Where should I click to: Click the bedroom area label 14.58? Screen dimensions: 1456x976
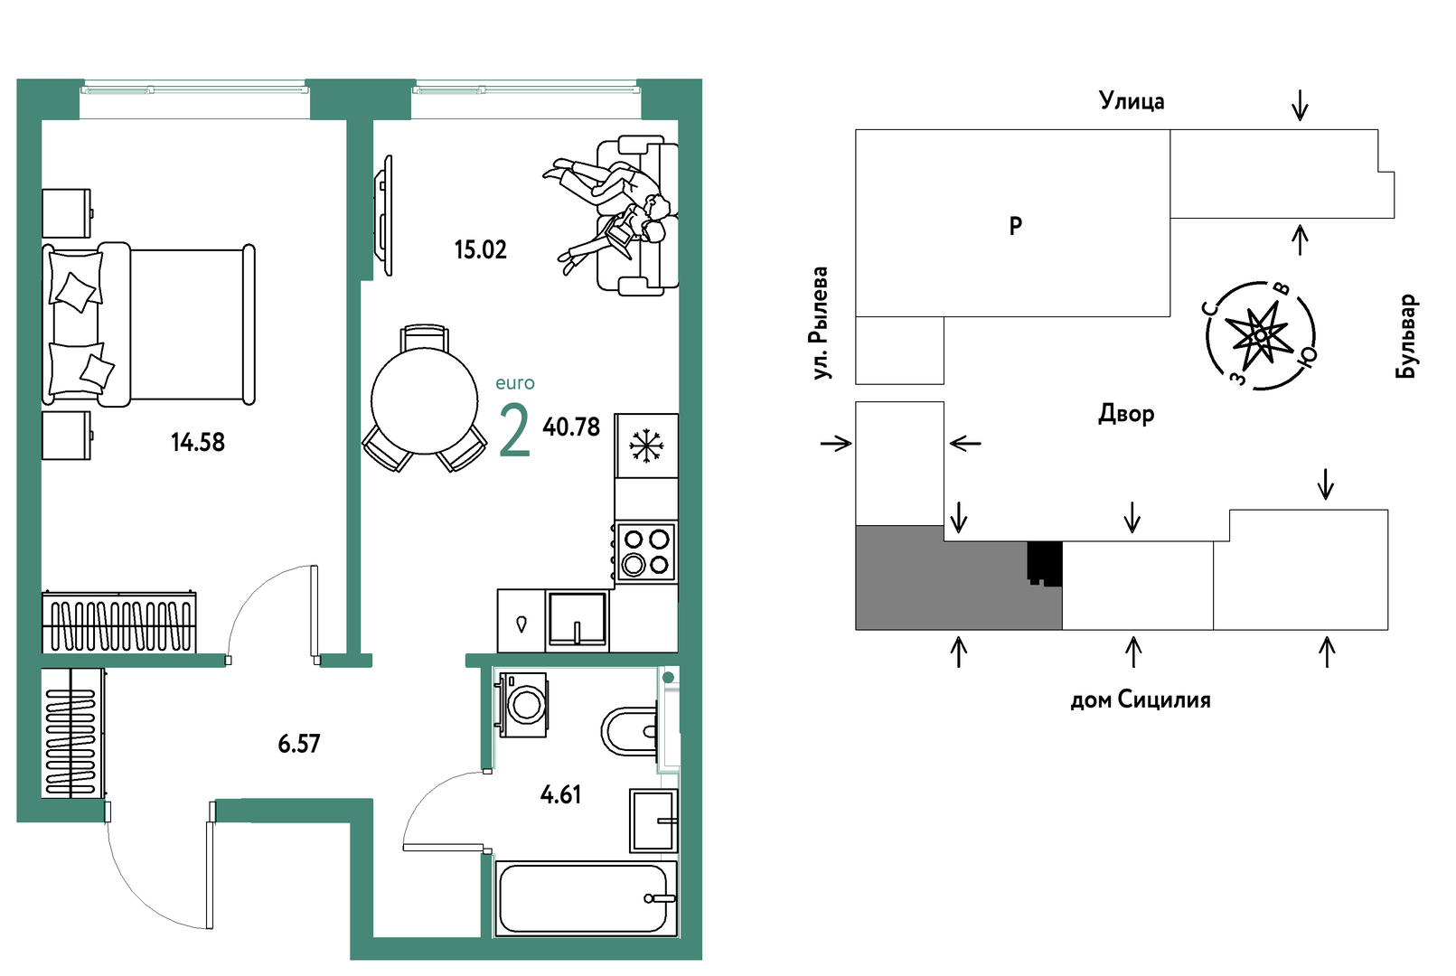(198, 443)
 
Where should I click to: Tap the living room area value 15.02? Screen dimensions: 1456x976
(480, 249)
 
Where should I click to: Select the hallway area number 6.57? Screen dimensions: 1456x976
(299, 744)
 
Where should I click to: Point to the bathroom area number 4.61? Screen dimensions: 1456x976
(560, 794)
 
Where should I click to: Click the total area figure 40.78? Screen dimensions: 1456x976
(571, 427)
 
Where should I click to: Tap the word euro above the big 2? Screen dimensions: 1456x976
(515, 383)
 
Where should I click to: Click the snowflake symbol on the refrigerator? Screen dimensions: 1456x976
(644, 446)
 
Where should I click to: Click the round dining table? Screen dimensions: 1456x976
(425, 401)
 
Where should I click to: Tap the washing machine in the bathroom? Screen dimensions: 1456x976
(522, 704)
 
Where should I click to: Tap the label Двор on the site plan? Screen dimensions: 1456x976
(1126, 414)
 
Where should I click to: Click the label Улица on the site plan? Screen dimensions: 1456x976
(1132, 100)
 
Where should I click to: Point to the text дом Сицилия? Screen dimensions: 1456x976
(1141, 699)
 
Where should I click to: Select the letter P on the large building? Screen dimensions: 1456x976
(1015, 226)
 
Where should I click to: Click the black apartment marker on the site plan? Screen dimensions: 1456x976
(1045, 563)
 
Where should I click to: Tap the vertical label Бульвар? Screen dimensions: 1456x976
(1406, 336)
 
